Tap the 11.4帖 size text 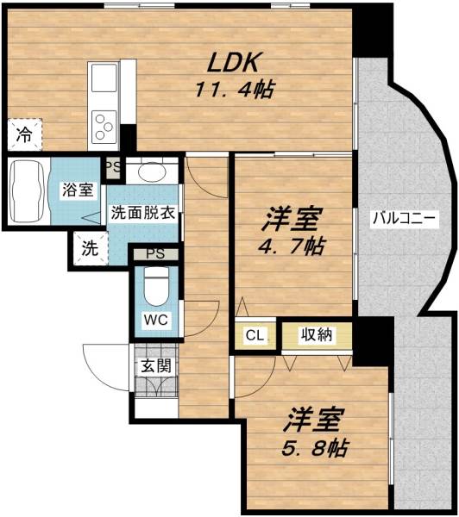click(x=233, y=89)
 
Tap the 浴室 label click(x=76, y=190)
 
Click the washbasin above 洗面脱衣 click(x=153, y=171)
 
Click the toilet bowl click(x=155, y=285)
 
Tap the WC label click(x=155, y=321)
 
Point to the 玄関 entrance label click(x=155, y=365)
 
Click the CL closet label click(x=255, y=335)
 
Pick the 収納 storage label click(x=317, y=334)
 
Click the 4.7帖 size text click(x=294, y=246)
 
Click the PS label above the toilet click(x=155, y=254)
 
